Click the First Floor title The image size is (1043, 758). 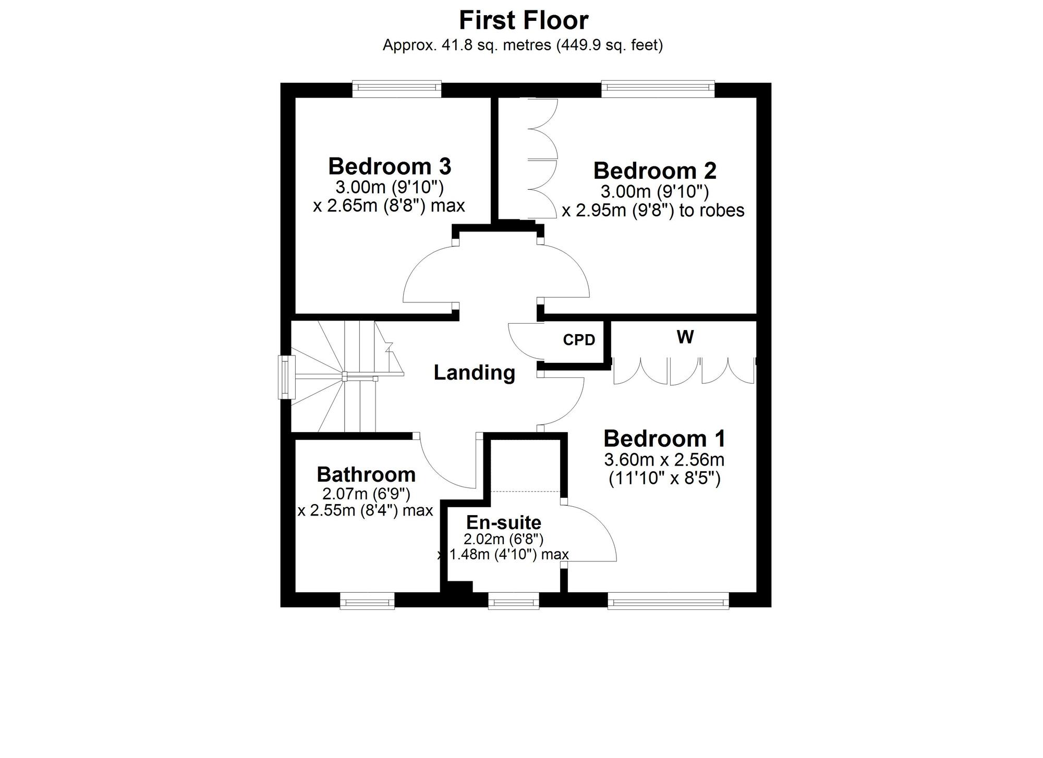coord(524,21)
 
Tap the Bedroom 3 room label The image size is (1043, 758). coord(390,166)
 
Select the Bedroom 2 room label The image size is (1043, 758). coord(654,170)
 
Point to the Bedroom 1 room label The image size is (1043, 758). coord(664,438)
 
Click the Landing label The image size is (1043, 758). coord(475,373)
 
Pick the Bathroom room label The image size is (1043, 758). coord(366,474)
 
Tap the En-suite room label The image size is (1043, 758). coord(504,522)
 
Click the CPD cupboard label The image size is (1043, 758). coord(579,340)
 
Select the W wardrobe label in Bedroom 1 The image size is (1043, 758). coord(685,337)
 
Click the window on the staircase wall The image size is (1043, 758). coord(286,377)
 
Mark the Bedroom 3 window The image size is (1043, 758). coord(397,89)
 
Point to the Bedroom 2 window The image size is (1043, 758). coord(658,89)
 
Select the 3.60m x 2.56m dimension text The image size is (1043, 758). coord(664,460)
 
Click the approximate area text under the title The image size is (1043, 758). coord(523,45)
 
